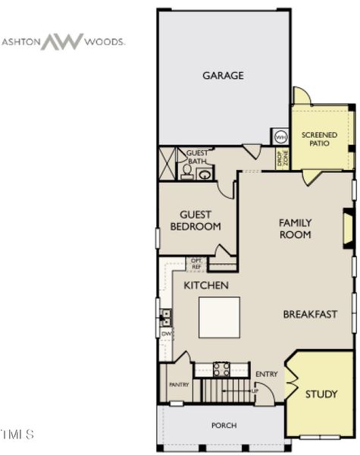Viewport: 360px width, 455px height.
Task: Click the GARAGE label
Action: point(223,75)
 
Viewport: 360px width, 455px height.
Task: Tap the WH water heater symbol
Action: point(280,137)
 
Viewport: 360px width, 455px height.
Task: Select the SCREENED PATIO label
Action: point(319,139)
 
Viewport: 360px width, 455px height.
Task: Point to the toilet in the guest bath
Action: point(186,172)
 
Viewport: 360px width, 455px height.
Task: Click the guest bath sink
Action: point(205,174)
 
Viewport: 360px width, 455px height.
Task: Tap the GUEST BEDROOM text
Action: point(196,221)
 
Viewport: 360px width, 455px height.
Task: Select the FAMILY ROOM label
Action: point(295,228)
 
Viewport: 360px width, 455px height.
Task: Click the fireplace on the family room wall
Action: point(348,227)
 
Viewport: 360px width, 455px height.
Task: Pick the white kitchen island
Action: point(219,317)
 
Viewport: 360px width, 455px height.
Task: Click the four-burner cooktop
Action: point(221,369)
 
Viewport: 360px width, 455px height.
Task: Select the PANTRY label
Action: point(178,384)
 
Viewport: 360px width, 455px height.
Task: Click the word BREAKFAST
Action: point(310,314)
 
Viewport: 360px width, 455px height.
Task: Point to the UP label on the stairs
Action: point(256,389)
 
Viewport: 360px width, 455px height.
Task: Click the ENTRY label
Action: point(267,374)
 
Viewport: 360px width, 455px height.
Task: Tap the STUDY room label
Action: point(321,394)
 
